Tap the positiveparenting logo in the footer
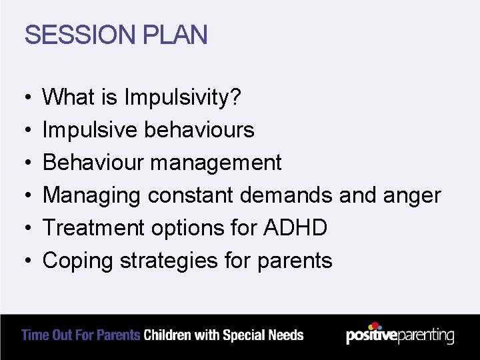tap(400, 335)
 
